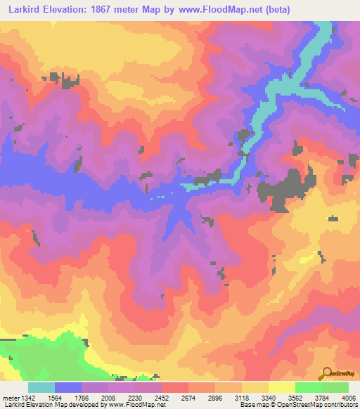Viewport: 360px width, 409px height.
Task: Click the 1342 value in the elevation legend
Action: tap(27, 397)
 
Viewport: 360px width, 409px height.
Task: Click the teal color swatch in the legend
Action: tap(41, 387)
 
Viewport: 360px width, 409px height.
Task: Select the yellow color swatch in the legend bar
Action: tap(282, 387)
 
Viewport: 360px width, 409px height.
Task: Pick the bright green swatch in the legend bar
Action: tap(309, 387)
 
